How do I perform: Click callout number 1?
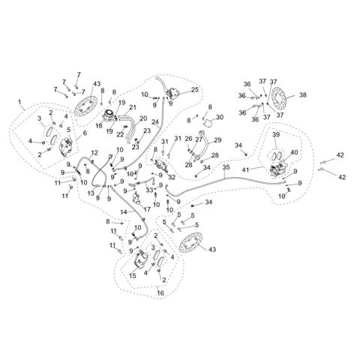point(19,102)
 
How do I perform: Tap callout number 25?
point(195,90)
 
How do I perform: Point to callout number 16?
point(160,292)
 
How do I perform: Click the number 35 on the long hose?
point(226,167)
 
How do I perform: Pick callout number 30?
point(220,117)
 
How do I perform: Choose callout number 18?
point(99,126)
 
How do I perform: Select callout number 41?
point(246,170)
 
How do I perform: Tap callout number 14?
point(124,212)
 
